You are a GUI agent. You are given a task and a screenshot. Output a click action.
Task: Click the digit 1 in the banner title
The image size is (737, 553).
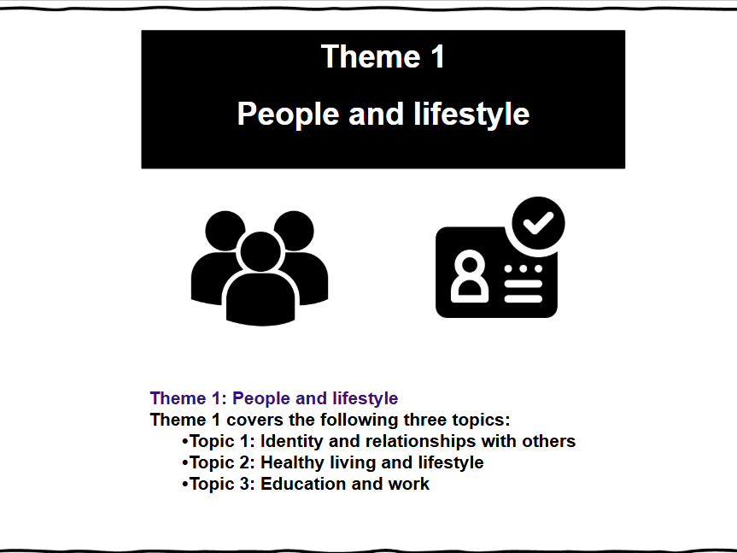click(437, 56)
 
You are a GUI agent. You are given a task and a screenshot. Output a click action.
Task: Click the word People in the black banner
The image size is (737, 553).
click(288, 115)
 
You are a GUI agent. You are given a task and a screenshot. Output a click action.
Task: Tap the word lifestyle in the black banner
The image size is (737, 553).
click(471, 115)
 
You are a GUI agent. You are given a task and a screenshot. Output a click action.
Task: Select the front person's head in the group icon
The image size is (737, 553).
click(260, 251)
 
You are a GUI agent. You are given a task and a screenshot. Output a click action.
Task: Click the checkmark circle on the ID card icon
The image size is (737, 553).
click(538, 223)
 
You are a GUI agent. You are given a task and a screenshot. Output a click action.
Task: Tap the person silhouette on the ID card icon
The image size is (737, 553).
click(470, 276)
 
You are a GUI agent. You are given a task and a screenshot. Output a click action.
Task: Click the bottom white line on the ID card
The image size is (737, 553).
click(524, 298)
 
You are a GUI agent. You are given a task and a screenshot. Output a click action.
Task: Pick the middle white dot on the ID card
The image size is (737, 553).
click(524, 268)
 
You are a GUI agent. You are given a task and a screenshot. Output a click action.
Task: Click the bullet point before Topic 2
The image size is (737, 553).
click(184, 463)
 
